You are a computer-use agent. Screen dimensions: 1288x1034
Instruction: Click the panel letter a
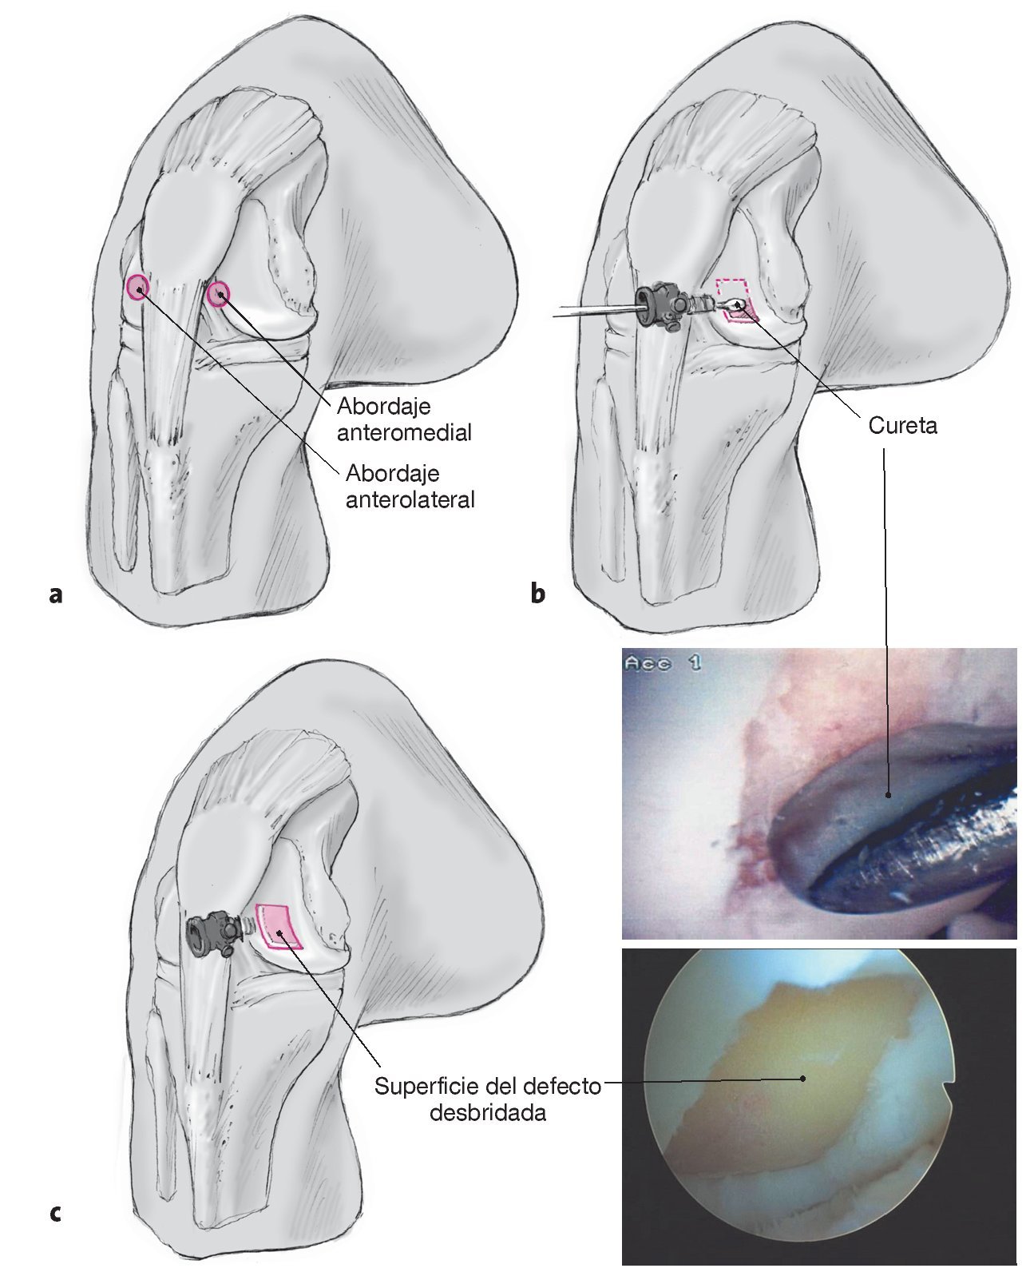pos(55,594)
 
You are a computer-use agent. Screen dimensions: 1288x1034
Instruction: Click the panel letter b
pos(538,594)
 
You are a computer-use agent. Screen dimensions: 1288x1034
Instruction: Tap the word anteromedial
pos(404,432)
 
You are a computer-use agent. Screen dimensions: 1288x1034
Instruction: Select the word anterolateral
pos(410,499)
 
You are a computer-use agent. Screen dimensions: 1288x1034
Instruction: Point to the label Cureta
pos(903,426)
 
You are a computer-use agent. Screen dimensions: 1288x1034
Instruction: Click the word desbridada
pos(488,1112)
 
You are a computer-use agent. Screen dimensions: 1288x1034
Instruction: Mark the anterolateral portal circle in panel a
pos(137,286)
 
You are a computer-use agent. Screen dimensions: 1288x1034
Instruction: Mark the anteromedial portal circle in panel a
pos(218,296)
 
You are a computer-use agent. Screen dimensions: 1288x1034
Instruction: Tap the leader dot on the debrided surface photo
pos(803,1077)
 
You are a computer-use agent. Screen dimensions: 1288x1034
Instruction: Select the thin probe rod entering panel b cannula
pos(591,309)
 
